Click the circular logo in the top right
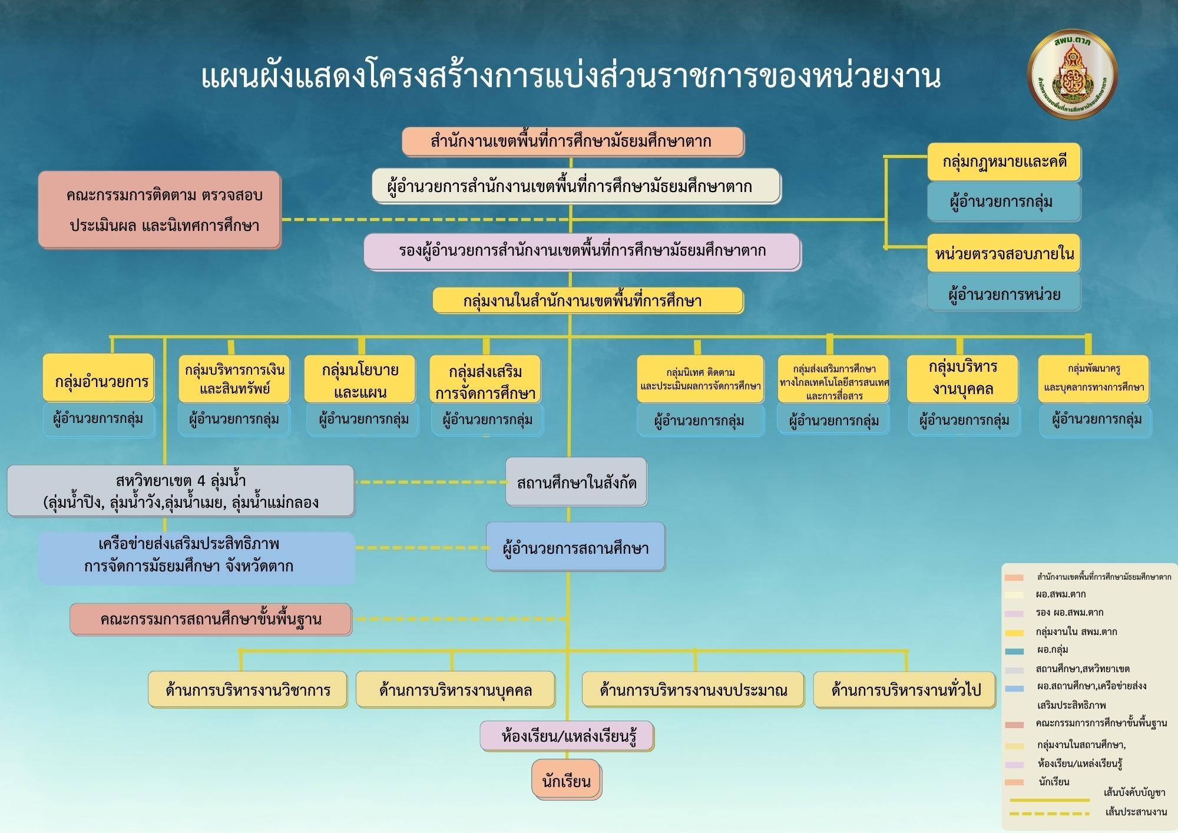point(1072,75)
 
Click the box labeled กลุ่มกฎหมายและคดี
point(1004,161)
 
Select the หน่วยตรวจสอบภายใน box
point(1004,253)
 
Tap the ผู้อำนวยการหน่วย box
point(1004,293)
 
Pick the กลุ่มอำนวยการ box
point(99,380)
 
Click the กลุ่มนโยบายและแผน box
point(360,380)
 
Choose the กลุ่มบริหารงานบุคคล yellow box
point(962,379)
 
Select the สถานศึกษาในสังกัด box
point(576,482)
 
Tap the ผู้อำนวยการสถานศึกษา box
point(575,547)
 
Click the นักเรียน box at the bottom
point(566,780)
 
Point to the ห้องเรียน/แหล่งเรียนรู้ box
point(567,736)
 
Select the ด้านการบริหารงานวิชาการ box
point(247,689)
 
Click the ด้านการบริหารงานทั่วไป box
point(905,689)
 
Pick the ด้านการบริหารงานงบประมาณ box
point(693,689)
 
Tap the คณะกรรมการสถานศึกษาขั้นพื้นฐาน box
point(211,619)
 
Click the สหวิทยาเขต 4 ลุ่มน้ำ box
point(181,491)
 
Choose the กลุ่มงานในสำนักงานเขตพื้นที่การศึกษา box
point(587,301)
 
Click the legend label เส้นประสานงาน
point(1136,812)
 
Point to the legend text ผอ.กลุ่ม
point(1052,650)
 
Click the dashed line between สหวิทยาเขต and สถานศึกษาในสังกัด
point(430,482)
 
